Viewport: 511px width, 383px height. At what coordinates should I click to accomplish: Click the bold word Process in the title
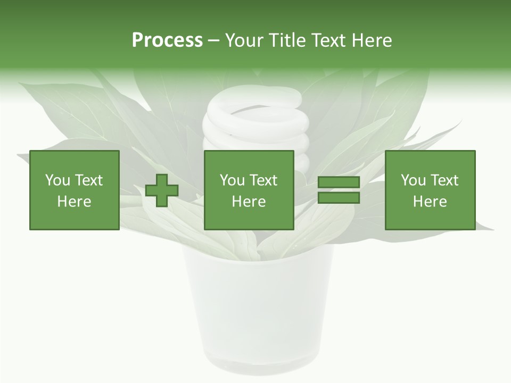pyautogui.click(x=167, y=40)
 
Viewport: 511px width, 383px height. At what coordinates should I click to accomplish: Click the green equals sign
pyautogui.click(x=339, y=190)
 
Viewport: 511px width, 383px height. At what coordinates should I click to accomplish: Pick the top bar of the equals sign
pyautogui.click(x=339, y=182)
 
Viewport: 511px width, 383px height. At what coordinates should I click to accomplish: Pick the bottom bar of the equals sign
pyautogui.click(x=339, y=198)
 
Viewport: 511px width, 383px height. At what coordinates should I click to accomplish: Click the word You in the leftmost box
pyautogui.click(x=57, y=180)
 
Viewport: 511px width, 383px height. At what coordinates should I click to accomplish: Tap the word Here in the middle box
pyautogui.click(x=249, y=202)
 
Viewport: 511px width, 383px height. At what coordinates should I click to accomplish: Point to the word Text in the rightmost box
pyautogui.click(x=444, y=180)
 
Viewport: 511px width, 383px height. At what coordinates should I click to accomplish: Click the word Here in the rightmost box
pyautogui.click(x=430, y=202)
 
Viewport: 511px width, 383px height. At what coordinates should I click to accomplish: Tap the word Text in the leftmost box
pyautogui.click(x=88, y=180)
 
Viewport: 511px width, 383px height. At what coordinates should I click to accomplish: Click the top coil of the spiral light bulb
pyautogui.click(x=256, y=106)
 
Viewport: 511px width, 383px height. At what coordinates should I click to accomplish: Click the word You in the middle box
pyautogui.click(x=232, y=180)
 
